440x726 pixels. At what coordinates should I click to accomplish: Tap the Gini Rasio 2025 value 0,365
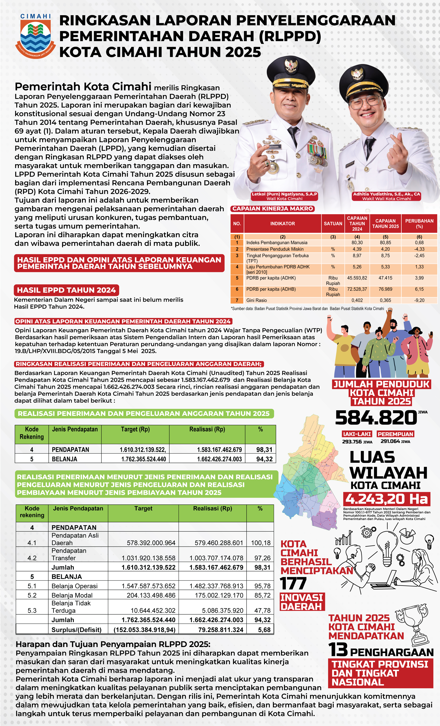(x=385, y=300)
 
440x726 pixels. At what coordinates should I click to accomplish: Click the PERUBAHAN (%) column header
(x=419, y=224)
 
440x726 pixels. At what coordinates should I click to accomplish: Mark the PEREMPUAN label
(x=395, y=434)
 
